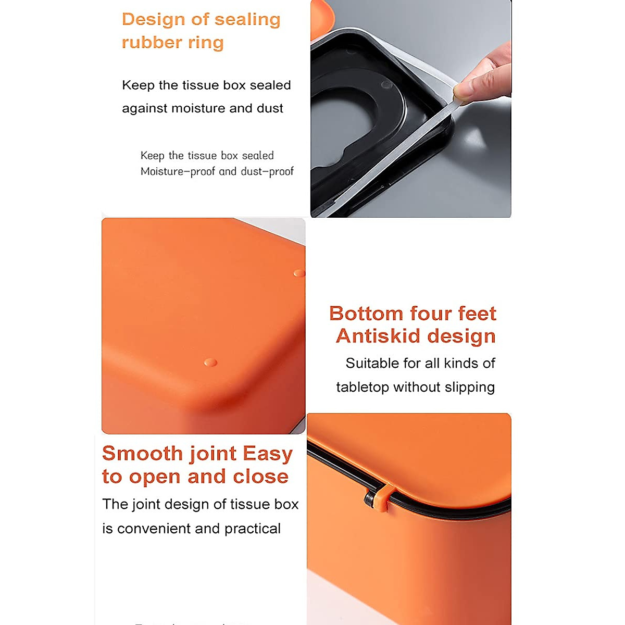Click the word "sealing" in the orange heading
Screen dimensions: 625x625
(247, 20)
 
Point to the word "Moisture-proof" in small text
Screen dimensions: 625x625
(178, 172)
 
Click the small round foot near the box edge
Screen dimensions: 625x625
(299, 273)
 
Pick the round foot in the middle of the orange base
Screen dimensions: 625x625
(210, 362)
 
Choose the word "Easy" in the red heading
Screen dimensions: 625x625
(267, 454)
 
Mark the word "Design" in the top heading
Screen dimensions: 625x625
(153, 20)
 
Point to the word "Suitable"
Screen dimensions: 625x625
(372, 364)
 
